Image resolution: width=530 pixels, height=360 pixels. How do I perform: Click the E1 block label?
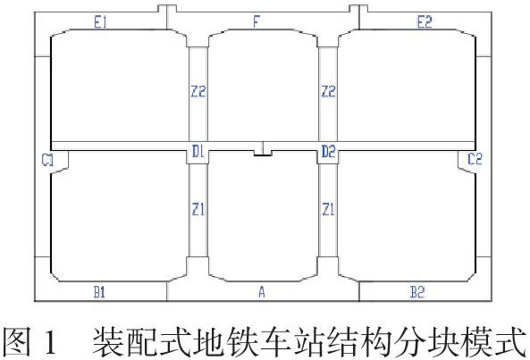tap(100, 22)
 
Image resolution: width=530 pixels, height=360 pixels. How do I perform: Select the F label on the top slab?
tap(257, 22)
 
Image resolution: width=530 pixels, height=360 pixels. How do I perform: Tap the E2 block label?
tap(425, 22)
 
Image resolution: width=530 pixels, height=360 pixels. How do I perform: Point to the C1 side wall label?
tap(47, 160)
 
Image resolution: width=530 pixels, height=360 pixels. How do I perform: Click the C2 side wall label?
tap(475, 159)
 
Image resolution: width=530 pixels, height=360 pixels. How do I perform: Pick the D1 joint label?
tap(198, 151)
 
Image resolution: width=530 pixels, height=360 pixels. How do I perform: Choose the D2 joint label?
tap(328, 151)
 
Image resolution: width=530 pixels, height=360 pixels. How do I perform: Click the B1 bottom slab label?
tap(99, 292)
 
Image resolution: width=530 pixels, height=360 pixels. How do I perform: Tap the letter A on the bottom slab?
tap(262, 292)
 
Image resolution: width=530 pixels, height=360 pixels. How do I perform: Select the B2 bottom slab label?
tap(417, 292)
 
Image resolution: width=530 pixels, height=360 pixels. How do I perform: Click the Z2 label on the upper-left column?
tap(198, 91)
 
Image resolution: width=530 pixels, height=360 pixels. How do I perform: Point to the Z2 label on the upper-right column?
tap(329, 91)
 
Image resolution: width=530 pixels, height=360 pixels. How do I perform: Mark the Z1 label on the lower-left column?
tap(198, 210)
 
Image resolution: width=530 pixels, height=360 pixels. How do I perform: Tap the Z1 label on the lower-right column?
tap(328, 210)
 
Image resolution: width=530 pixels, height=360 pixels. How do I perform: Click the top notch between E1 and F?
tap(167, 9)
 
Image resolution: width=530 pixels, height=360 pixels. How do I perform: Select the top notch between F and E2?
tap(358, 9)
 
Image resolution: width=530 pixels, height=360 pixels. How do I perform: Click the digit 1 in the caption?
tap(48, 342)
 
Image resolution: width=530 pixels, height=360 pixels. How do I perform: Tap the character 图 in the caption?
tap(17, 342)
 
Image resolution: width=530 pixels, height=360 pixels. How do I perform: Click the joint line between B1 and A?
tap(166, 291)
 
